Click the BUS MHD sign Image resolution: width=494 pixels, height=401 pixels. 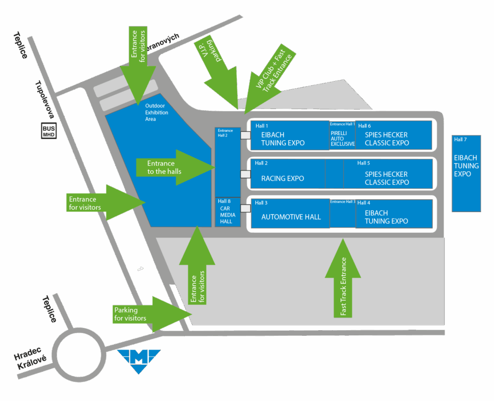[x=49, y=131]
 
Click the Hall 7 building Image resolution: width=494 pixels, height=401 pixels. [x=466, y=174]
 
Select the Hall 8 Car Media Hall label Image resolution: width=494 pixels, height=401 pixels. [x=227, y=211]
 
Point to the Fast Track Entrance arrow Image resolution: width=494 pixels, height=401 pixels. [x=343, y=277]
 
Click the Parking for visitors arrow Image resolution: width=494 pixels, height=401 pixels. [x=152, y=314]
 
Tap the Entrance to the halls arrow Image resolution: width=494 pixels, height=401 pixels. [x=175, y=168]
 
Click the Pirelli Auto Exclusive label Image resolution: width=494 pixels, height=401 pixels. [x=342, y=139]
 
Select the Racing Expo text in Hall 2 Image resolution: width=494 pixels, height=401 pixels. [x=283, y=178]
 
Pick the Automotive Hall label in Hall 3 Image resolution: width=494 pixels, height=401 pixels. [x=291, y=217]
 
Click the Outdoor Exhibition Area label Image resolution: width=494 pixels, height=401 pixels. [x=156, y=112]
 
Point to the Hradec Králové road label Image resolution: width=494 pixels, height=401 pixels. [x=30, y=358]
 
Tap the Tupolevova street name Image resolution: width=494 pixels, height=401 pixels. [x=45, y=99]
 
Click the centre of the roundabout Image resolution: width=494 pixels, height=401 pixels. [x=79, y=354]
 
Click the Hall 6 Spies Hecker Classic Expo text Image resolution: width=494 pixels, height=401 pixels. [x=387, y=139]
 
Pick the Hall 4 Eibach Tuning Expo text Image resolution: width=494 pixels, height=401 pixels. [x=386, y=217]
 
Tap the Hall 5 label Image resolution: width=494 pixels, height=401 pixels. [x=364, y=163]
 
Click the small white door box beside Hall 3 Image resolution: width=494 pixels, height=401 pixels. [x=246, y=208]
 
